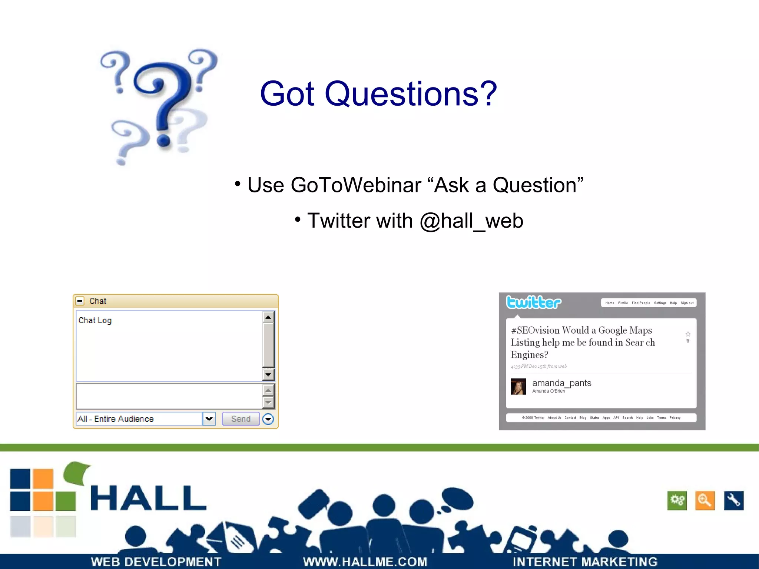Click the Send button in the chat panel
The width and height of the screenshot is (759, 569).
pos(241,419)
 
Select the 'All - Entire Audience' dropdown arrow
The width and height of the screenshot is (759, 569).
pos(209,419)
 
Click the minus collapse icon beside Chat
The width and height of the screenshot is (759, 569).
pos(80,301)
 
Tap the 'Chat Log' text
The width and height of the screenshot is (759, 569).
pos(95,320)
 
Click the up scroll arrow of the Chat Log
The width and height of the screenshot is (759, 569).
pos(268,317)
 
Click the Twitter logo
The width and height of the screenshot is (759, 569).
pos(534,302)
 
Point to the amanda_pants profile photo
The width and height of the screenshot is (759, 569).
pos(518,387)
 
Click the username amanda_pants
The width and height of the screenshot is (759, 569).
pos(561,383)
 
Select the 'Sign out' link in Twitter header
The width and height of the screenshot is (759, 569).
pos(687,303)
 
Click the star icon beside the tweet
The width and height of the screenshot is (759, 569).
pos(688,334)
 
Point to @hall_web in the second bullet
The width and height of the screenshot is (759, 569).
pos(471,221)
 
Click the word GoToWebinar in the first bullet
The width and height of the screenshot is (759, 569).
pos(356,185)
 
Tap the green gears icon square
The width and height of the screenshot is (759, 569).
pos(677,500)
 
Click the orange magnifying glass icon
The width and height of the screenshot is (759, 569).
pos(705,500)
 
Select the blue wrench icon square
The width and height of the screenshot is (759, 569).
pos(733,500)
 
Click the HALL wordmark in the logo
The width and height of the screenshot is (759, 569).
pos(148,498)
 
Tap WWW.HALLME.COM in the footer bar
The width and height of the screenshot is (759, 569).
pos(365,562)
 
